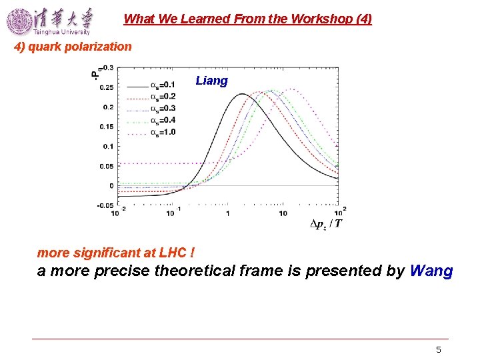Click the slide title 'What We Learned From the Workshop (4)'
click(x=247, y=19)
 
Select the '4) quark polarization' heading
click(x=73, y=47)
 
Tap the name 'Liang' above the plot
click(x=211, y=81)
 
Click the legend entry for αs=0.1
click(x=151, y=85)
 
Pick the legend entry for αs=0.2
click(x=151, y=97)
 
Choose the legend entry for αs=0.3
click(x=151, y=108)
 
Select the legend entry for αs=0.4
click(x=151, y=120)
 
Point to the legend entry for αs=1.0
click(x=151, y=132)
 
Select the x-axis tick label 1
click(x=227, y=213)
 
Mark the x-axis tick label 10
click(x=283, y=213)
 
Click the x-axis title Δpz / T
click(x=326, y=223)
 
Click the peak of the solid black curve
click(x=241, y=94)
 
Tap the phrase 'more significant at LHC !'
click(x=116, y=253)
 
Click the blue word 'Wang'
click(x=431, y=271)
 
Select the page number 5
click(x=438, y=349)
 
